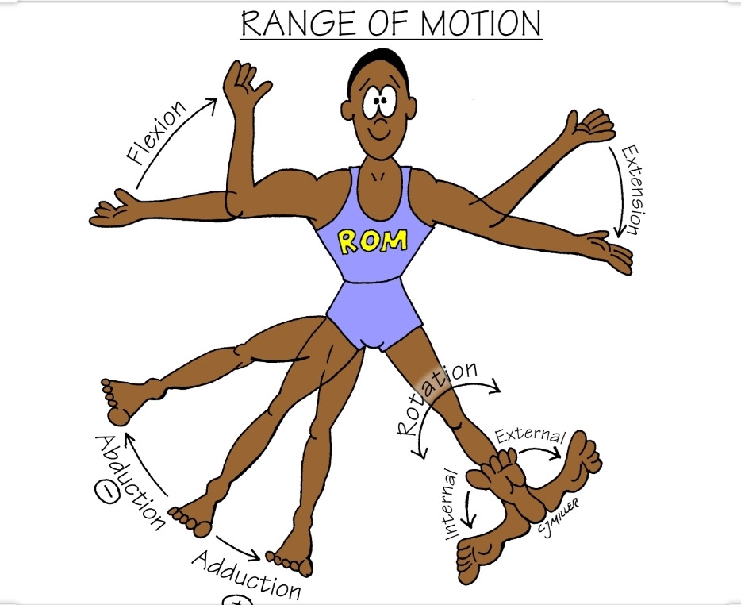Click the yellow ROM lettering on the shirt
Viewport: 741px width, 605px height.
[373, 240]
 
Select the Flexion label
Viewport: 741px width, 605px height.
[159, 133]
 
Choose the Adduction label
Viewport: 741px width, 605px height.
[246, 574]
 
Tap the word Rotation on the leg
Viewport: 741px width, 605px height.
[437, 398]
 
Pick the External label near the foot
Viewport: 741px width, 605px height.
[530, 436]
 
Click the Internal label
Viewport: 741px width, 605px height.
[447, 503]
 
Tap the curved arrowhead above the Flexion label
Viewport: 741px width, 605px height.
[212, 102]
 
